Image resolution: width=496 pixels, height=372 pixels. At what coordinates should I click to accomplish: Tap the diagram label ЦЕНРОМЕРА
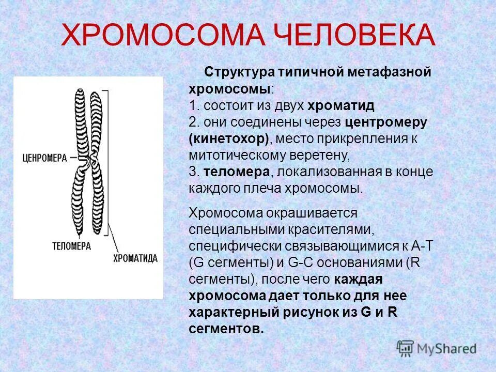click(45, 158)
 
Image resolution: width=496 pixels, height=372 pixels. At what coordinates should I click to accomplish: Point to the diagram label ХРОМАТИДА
click(135, 258)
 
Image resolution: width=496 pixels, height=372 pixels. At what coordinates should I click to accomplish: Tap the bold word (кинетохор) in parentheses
click(229, 139)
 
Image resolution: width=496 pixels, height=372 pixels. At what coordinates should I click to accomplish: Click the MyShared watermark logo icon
click(405, 348)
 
